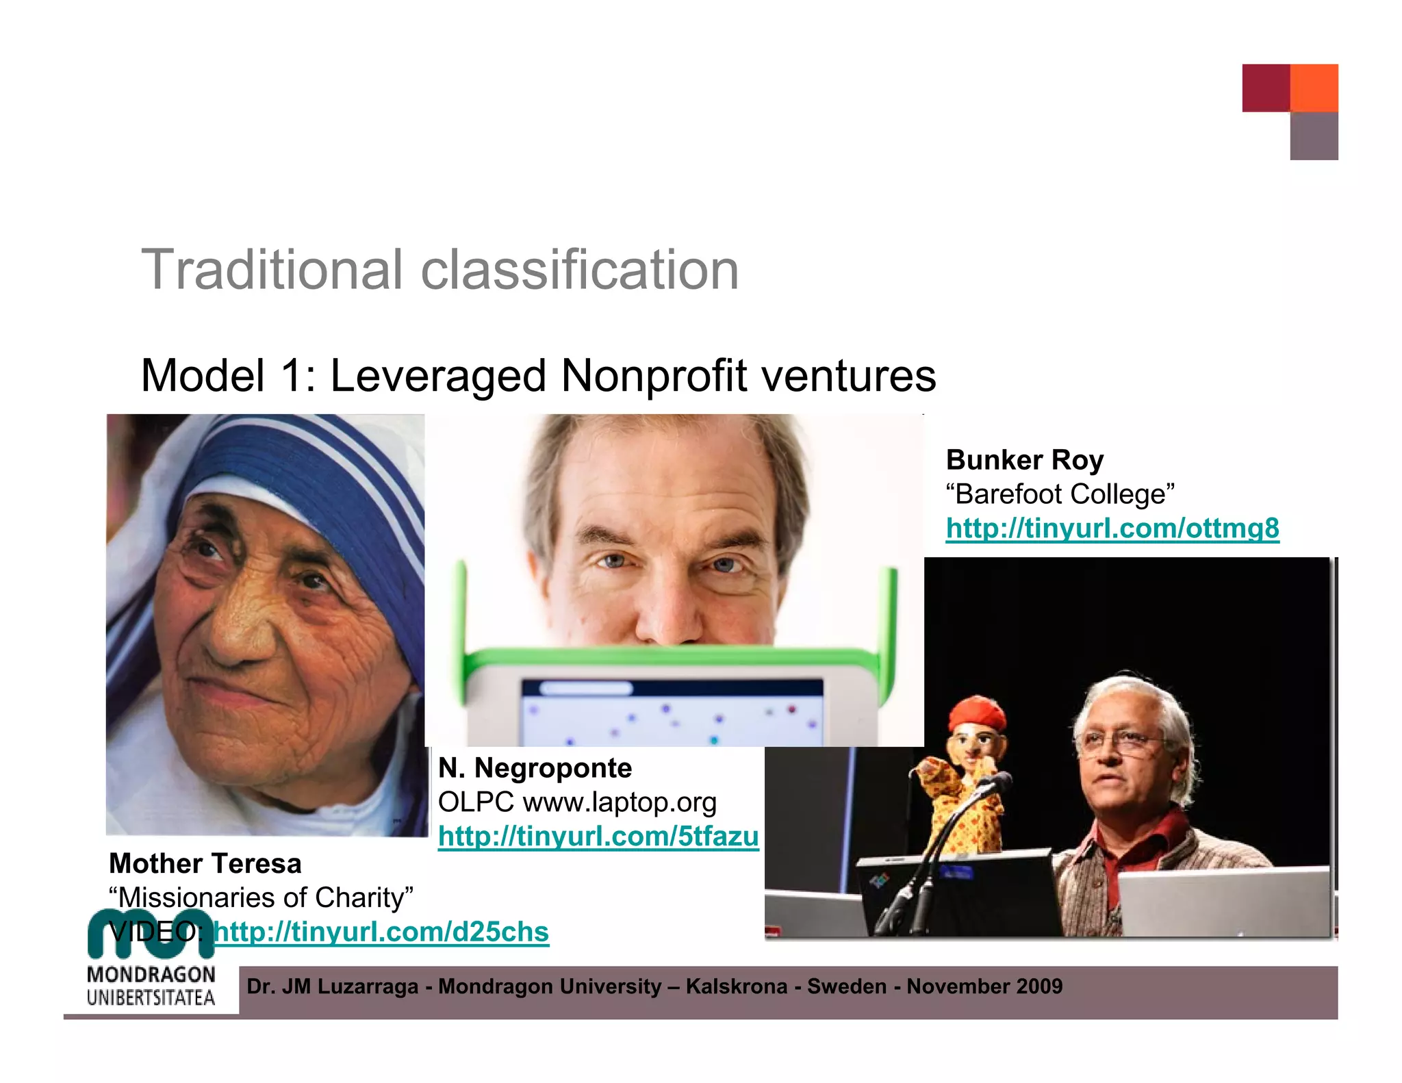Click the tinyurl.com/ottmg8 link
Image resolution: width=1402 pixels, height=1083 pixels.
1112,528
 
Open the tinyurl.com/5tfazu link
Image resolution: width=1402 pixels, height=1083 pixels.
598,836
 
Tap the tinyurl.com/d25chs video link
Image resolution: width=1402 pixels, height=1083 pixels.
381,932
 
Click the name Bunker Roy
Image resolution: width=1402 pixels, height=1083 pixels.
1024,460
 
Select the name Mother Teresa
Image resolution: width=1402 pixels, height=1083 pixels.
205,863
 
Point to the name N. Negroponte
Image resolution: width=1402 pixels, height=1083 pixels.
535,768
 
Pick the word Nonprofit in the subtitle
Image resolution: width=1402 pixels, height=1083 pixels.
654,376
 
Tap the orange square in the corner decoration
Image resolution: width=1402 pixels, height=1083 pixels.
1314,88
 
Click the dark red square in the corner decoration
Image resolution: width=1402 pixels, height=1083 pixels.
1266,88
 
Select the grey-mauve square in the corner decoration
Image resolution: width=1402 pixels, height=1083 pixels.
1314,136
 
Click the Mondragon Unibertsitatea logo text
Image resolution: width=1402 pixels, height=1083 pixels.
151,986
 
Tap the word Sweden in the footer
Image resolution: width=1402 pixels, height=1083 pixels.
846,986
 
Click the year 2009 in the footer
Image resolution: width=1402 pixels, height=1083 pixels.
1039,986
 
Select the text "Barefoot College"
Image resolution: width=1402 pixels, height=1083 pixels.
1060,494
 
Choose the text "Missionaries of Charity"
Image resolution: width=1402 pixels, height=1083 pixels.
261,897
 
